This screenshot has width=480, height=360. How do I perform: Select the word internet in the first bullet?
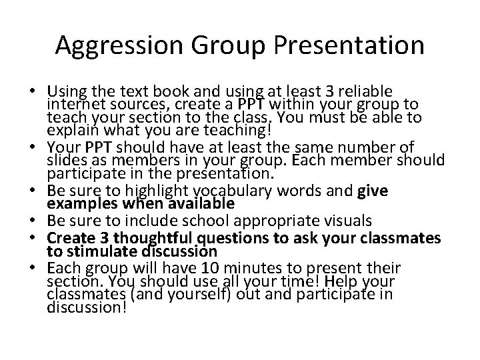pos(75,103)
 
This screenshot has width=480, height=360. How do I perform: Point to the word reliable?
pos(363,90)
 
